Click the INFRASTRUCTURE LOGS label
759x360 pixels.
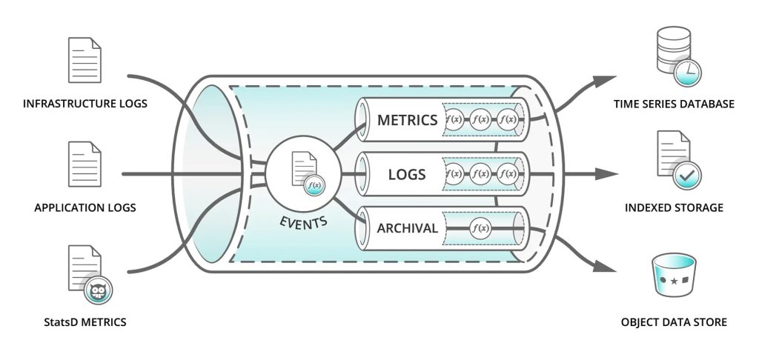85,104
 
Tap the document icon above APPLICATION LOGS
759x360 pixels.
84,164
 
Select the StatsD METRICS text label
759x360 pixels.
84,322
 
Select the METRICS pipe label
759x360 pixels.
408,119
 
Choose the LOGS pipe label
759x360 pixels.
407,175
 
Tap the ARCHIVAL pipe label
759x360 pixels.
407,229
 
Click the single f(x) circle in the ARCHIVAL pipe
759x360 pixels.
480,229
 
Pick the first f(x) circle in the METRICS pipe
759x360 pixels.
454,119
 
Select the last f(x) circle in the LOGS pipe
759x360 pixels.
507,175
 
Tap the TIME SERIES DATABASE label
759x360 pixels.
674,104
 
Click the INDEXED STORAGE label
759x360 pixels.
674,208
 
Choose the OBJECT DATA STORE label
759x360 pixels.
674,322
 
